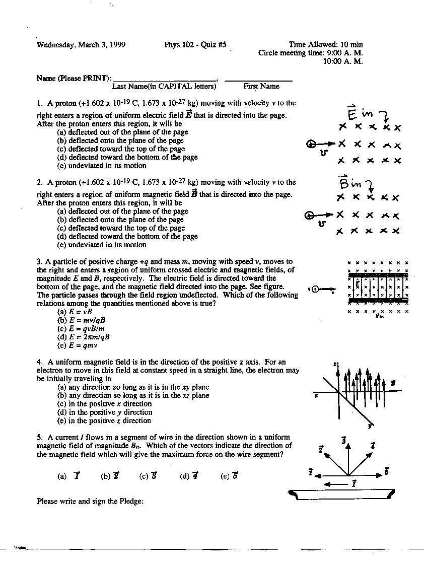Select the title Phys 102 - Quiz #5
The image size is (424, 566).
click(195, 45)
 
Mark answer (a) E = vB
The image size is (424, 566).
click(75, 312)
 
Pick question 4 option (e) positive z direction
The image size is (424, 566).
click(104, 420)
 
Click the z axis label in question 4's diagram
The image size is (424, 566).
click(334, 364)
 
